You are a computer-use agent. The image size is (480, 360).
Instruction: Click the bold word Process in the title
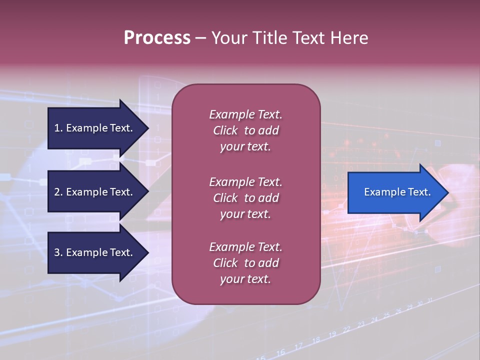point(157,38)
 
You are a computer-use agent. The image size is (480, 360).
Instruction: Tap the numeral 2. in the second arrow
point(58,192)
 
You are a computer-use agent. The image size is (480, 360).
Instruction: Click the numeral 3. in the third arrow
point(58,252)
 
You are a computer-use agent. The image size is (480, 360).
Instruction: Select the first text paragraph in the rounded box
point(245,130)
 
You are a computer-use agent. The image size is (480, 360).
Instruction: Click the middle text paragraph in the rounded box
point(245,198)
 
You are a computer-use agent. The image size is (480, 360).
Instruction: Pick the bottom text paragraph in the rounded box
point(245,263)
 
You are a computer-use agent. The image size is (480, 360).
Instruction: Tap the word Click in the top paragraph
point(225,130)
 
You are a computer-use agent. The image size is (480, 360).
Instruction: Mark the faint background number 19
point(332,334)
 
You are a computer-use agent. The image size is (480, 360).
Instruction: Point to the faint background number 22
point(346,329)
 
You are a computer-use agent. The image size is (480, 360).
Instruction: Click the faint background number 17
point(298,346)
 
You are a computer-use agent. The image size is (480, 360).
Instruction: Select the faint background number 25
point(386,315)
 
